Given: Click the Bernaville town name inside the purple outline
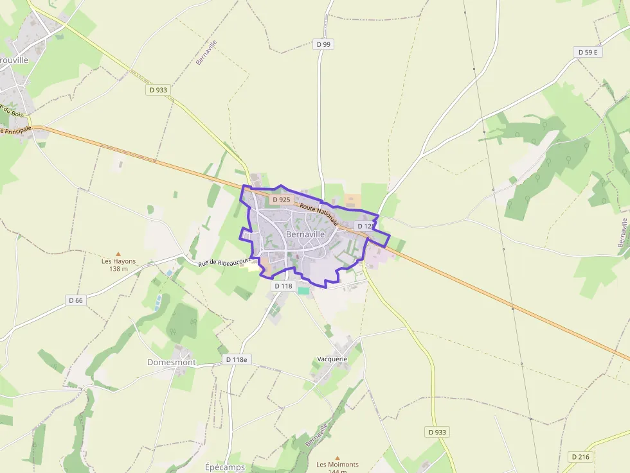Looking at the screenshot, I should pyautogui.click(x=305, y=234).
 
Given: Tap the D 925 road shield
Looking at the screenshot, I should pyautogui.click(x=282, y=200).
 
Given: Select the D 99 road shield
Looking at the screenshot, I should pyautogui.click(x=323, y=44).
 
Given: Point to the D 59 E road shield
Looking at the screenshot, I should pyautogui.click(x=588, y=52).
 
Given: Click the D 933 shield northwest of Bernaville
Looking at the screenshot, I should pyautogui.click(x=157, y=90).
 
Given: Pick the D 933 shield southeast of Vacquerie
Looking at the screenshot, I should pyautogui.click(x=437, y=432).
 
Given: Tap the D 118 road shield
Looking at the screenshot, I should pyautogui.click(x=283, y=286).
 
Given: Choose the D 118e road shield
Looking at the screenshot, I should pyautogui.click(x=237, y=360).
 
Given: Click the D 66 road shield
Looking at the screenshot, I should pyautogui.click(x=75, y=300).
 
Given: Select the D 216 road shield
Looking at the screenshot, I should pyautogui.click(x=580, y=457).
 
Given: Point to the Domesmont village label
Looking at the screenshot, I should pyautogui.click(x=171, y=362).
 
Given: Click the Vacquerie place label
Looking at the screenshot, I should pyautogui.click(x=332, y=359).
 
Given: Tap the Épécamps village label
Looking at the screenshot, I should pyautogui.click(x=225, y=467).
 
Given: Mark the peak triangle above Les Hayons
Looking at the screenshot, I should pyautogui.click(x=118, y=254).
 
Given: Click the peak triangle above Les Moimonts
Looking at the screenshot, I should pyautogui.click(x=337, y=458).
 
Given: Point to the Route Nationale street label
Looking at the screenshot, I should pyautogui.click(x=319, y=215).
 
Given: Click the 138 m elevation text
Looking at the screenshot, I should pyautogui.click(x=118, y=268).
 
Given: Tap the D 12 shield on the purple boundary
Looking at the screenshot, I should pyautogui.click(x=364, y=226).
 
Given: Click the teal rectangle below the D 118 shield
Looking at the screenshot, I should pyautogui.click(x=303, y=291).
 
